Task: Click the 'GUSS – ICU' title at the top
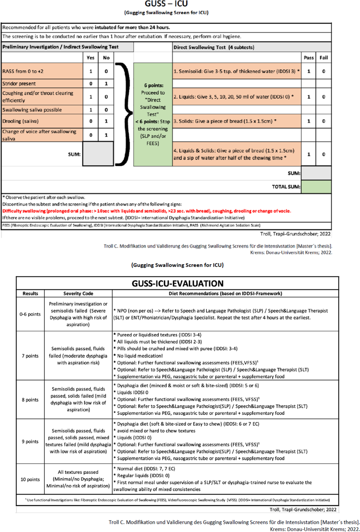coord(166,4)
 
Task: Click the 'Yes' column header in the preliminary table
coord(90,58)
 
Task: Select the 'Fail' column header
coord(323,58)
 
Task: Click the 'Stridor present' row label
coord(19,84)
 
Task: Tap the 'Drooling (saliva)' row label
coord(20,121)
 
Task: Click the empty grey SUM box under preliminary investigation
coord(98,154)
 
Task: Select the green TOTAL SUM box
coord(316,187)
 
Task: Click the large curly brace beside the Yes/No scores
coord(124,114)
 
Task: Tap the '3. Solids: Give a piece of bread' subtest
coord(225,121)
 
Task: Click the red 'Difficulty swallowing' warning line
coord(146,211)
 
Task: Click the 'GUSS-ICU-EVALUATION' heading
coord(178,284)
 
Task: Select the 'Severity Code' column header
coord(78,293)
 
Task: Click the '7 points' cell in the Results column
coord(30,356)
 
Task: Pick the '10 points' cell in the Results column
coord(30,479)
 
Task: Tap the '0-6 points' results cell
coord(30,314)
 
